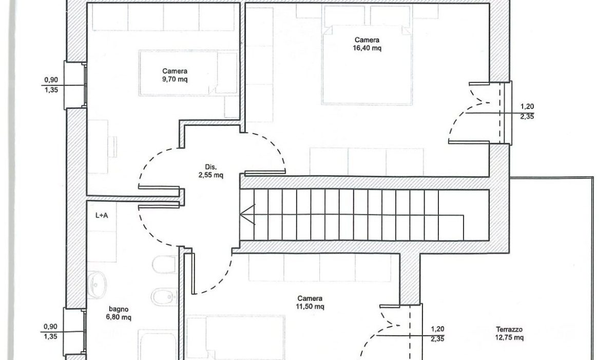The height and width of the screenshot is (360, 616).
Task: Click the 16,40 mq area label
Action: coord(367,48)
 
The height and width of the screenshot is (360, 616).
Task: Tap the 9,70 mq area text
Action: coord(175,79)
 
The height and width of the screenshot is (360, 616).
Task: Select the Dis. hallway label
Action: coord(210,167)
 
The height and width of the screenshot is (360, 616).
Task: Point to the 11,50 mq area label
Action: coord(310,307)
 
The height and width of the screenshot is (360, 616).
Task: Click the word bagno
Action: coord(119,309)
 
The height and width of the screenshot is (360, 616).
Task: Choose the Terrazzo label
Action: coord(509,329)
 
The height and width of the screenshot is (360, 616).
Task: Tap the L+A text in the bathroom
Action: coord(102,215)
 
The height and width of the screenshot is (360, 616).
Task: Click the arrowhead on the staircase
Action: coord(247,214)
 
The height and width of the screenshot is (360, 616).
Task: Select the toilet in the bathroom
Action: coord(164,264)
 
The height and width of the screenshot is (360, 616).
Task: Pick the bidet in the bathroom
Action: coord(164,297)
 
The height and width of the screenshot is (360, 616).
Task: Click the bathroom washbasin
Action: coord(97,285)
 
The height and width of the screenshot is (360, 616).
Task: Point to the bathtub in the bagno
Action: coord(158,345)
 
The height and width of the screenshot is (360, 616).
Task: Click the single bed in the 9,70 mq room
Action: coord(188,73)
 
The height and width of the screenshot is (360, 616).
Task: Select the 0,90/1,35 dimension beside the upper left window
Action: coord(51,85)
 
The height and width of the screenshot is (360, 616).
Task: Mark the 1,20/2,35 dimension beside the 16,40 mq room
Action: coord(527,111)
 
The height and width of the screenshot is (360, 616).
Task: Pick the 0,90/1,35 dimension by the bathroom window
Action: coord(50,331)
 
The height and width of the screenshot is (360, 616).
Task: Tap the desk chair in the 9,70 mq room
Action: coord(112,147)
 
